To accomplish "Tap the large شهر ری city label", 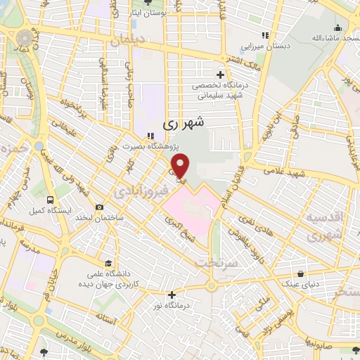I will tap(184, 122).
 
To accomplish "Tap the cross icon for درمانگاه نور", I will tap(172, 295).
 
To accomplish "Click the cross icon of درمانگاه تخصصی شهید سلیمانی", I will tap(221, 75).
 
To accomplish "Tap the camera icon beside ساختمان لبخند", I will tap(99, 207).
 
